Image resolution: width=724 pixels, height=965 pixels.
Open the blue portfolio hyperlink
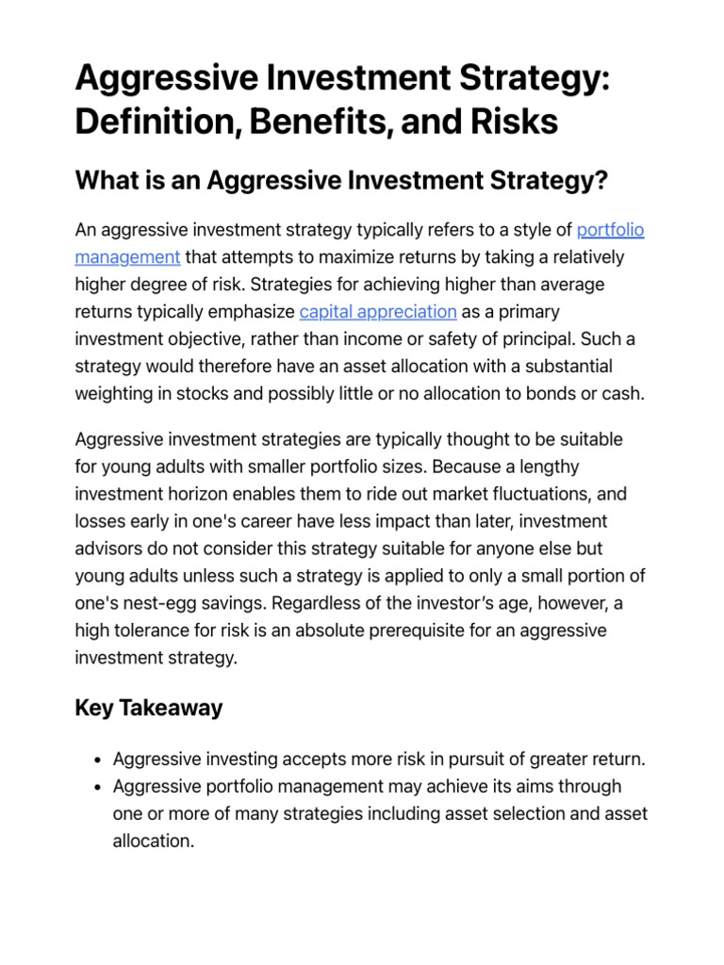coord(610,230)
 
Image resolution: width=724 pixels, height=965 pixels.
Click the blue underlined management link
coord(127,257)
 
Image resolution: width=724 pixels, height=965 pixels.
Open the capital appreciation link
coord(378,312)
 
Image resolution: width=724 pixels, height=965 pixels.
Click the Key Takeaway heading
coord(149,709)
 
